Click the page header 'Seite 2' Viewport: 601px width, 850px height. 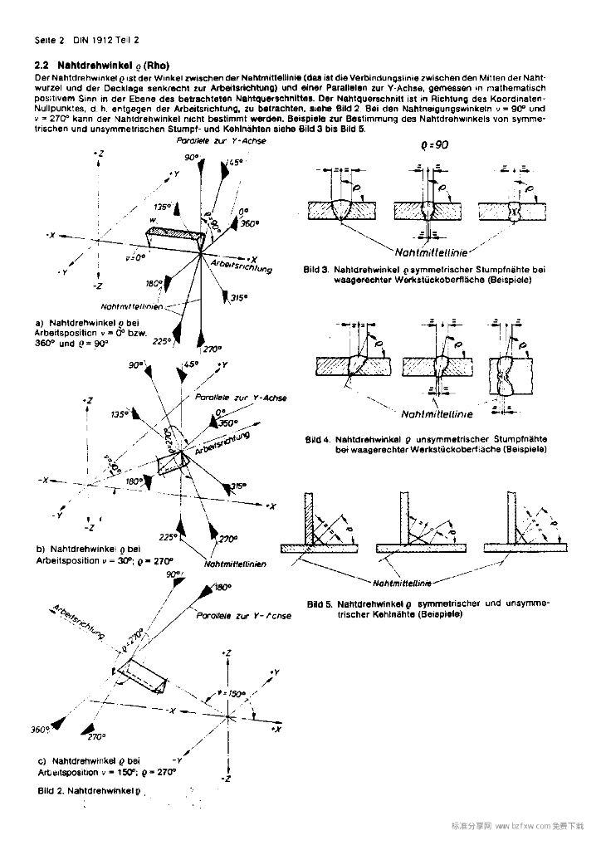[49, 39]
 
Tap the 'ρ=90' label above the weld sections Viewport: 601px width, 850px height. [434, 144]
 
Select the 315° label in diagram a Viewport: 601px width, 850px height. [240, 297]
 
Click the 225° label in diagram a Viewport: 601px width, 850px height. [161, 340]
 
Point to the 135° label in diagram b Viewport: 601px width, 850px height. [120, 413]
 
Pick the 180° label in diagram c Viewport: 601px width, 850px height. [222, 587]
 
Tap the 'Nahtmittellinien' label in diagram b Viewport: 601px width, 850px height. [235, 564]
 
